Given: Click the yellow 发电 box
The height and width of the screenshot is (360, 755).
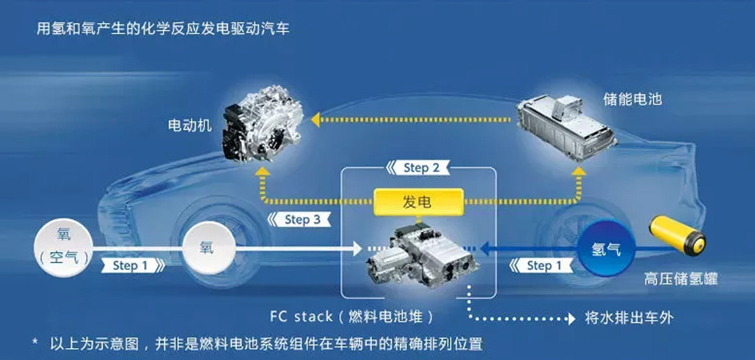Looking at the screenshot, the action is tap(419, 201).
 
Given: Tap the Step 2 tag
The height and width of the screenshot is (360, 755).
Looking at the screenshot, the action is tap(418, 168).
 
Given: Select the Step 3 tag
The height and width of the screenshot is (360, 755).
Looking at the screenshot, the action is tap(299, 219).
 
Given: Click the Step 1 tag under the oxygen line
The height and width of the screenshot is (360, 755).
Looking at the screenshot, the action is tap(132, 265).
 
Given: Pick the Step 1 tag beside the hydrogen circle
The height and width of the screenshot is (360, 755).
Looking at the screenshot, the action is tap(541, 265).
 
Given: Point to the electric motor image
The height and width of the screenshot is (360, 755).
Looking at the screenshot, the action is tap(262, 124).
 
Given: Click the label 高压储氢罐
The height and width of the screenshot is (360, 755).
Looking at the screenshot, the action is tap(681, 279).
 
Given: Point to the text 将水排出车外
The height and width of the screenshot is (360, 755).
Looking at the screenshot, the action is tap(629, 317).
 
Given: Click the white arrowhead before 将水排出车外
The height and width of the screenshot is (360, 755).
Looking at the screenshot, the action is tap(572, 318).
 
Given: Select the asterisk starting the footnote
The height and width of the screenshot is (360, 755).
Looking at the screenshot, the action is tap(35, 343).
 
